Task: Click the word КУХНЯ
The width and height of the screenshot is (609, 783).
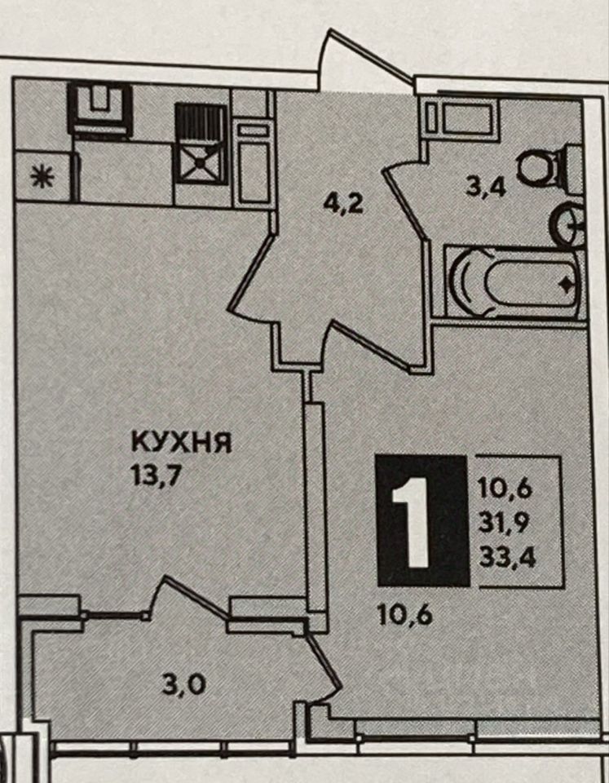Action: click(183, 444)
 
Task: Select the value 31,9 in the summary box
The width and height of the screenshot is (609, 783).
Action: click(511, 524)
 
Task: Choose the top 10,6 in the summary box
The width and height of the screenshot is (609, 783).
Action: click(511, 489)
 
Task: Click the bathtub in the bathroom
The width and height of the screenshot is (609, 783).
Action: click(514, 283)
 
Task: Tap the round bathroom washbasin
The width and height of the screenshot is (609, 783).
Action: click(568, 223)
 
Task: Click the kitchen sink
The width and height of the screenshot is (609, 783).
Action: click(100, 107)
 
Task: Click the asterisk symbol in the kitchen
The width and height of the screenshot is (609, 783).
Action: click(38, 177)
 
